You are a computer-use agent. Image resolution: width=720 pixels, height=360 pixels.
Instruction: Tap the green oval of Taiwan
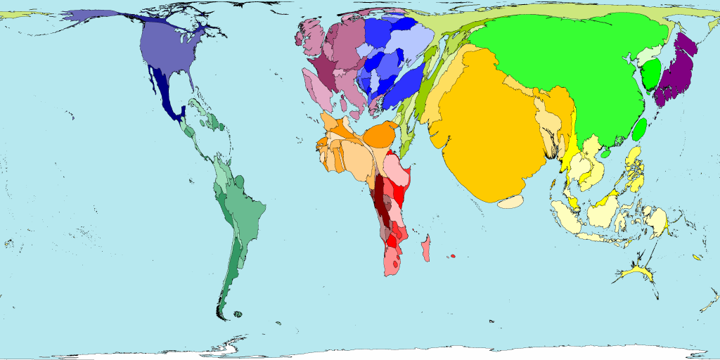639,129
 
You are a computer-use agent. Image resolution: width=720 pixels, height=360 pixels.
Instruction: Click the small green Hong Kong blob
605,153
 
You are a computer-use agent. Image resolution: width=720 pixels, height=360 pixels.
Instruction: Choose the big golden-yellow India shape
485,127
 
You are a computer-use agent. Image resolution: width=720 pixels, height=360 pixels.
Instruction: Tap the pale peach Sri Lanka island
510,202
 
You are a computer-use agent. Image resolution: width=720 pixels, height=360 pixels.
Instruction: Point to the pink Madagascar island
426,249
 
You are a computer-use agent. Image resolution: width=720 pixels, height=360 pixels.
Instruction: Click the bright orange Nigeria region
382,134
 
